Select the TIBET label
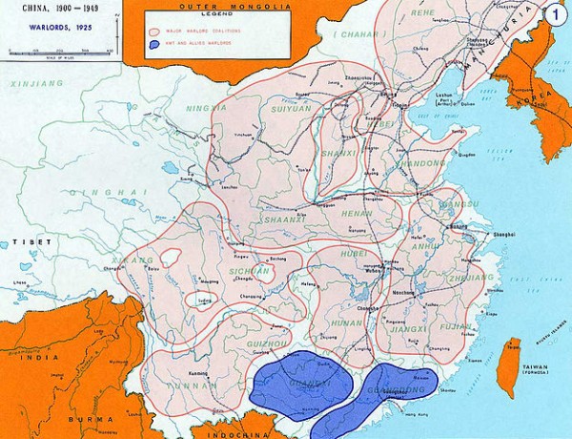point(25,242)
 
